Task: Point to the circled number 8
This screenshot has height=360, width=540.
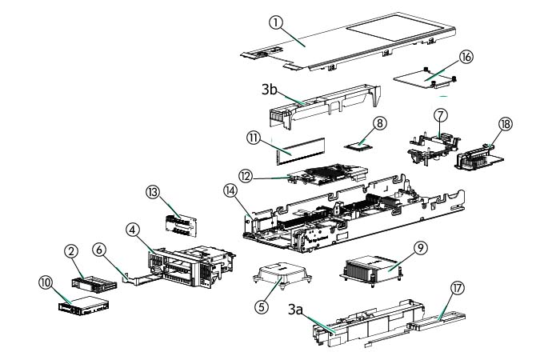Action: click(380, 123)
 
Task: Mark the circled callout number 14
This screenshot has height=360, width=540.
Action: click(230, 192)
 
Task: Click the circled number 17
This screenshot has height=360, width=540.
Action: click(458, 286)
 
